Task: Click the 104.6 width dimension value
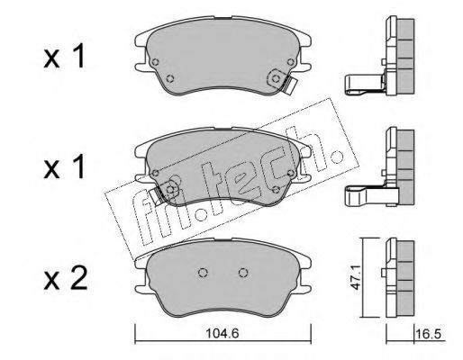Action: (x=222, y=334)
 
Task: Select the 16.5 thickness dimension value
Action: (x=430, y=334)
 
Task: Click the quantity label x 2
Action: (x=66, y=279)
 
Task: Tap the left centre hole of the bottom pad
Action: (x=203, y=273)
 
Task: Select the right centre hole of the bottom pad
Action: (x=243, y=273)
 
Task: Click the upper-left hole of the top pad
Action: (x=155, y=62)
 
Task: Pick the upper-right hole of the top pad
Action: (x=290, y=62)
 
